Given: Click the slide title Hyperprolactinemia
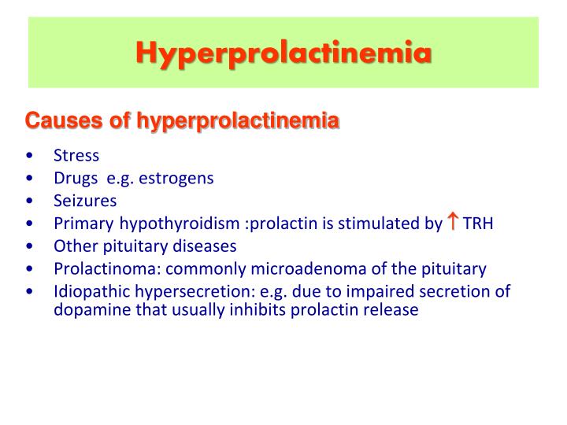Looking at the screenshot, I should pyautogui.click(x=283, y=53).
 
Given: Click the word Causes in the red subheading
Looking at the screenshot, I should pyautogui.click(x=53, y=121).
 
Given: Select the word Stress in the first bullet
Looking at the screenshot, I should pyautogui.click(x=76, y=155).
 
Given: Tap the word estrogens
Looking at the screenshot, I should pyautogui.click(x=176, y=178).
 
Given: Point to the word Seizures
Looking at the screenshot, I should pyautogui.click(x=85, y=201).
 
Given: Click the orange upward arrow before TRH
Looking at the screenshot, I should pyautogui.click(x=453, y=222).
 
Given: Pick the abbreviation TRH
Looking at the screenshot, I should pyautogui.click(x=477, y=224).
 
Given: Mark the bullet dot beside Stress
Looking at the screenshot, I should pyautogui.click(x=29, y=156).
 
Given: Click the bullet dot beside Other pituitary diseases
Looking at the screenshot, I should pyautogui.click(x=29, y=246).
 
